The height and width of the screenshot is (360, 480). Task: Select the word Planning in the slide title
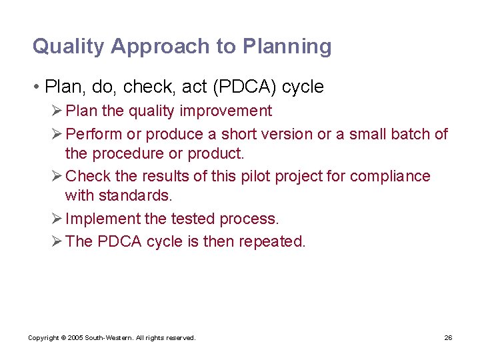pyautogui.click(x=287, y=47)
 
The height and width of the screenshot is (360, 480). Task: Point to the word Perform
pyautogui.click(x=95, y=134)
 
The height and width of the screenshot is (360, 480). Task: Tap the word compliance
pyautogui.click(x=390, y=176)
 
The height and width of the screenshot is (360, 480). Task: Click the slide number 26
pyautogui.click(x=448, y=338)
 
